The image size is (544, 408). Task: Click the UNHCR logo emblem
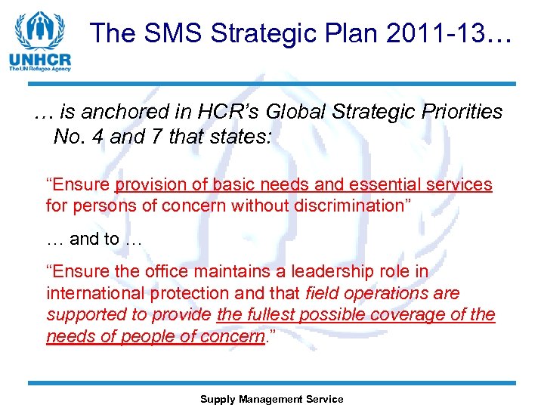tap(41, 30)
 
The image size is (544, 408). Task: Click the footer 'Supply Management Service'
tap(271, 399)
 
